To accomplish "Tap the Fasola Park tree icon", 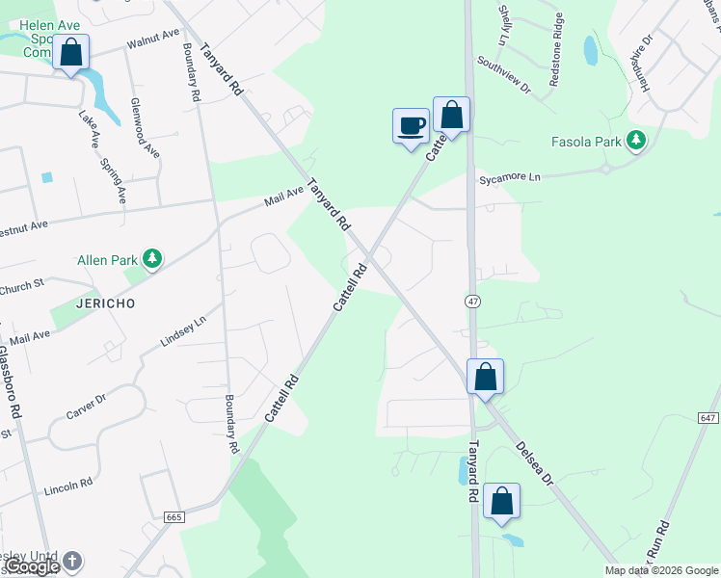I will click(635, 141).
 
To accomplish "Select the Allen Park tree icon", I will click(151, 258).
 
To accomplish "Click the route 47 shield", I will click(471, 302).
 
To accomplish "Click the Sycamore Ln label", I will click(510, 178).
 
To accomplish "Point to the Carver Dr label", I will click(86, 406).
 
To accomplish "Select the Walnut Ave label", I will click(153, 39).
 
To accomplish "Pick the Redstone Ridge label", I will click(556, 62).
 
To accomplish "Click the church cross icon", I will click(71, 560).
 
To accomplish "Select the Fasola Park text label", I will click(586, 142).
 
